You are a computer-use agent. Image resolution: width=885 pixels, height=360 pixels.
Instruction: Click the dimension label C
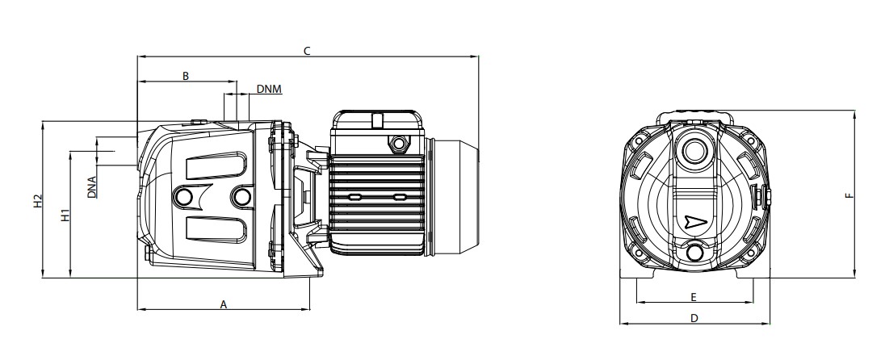[x=307, y=51]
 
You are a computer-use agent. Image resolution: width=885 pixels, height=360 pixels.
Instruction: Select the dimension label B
[x=186, y=76]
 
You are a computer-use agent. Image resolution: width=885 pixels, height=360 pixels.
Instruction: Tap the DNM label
[x=269, y=89]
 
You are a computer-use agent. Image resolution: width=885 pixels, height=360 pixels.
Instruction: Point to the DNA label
[x=92, y=186]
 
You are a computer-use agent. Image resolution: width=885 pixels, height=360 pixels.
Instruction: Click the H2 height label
[x=37, y=201]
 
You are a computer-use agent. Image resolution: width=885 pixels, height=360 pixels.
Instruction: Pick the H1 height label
[x=65, y=215]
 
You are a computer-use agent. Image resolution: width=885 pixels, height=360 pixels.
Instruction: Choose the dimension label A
[x=224, y=304]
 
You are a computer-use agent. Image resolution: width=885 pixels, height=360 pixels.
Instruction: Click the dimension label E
[x=694, y=297]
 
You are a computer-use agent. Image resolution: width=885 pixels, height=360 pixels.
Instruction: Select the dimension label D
[x=694, y=318]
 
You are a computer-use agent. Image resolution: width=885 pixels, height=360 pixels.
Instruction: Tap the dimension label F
[x=849, y=195]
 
